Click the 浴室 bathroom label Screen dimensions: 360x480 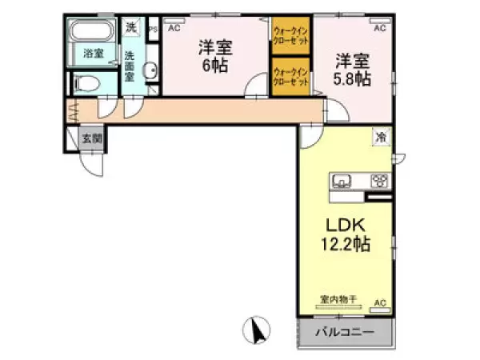click(94, 54)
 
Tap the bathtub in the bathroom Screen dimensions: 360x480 click(93, 33)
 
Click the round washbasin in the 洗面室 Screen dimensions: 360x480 click(150, 72)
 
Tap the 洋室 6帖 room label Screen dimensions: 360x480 click(214, 56)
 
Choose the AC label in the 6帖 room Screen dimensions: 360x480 click(174, 29)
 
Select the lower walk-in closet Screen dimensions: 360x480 click(290, 77)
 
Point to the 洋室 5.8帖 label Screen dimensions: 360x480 click(352, 68)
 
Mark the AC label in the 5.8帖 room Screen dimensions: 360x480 click(379, 29)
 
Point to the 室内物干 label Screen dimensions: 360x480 click(338, 299)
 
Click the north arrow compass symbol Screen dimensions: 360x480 click(258, 330)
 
